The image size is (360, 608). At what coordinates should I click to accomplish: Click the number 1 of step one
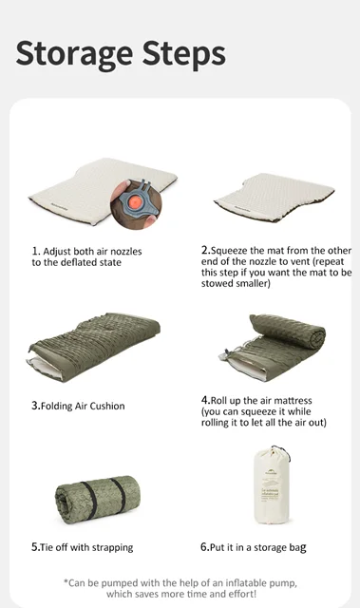pos(35,251)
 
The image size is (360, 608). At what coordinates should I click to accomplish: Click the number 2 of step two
pos(204,250)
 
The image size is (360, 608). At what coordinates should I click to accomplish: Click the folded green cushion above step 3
pos(94,346)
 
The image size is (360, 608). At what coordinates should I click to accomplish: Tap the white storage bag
pos(272,485)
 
